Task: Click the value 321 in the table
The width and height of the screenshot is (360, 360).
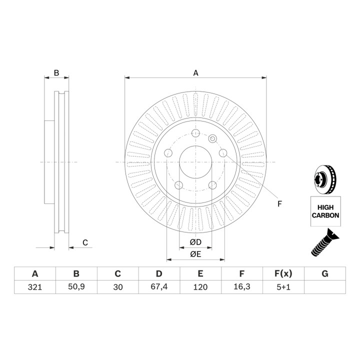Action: [35, 287]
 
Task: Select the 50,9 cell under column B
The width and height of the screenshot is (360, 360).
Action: [76, 287]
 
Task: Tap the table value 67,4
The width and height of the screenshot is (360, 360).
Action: [159, 287]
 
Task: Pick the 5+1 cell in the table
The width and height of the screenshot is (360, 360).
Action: [283, 287]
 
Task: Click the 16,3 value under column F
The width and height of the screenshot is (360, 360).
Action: [242, 287]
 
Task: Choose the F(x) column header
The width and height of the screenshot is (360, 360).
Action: [283, 273]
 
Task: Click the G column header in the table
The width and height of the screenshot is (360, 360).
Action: [325, 273]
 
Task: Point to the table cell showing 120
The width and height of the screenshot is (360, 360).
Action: [200, 287]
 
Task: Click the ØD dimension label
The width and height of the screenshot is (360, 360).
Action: [195, 242]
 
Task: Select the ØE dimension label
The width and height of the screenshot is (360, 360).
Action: [195, 254]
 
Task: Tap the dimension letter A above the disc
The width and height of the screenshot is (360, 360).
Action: [195, 73]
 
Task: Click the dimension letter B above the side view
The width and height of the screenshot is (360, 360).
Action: [56, 73]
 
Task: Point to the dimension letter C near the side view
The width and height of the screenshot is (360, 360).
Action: [85, 242]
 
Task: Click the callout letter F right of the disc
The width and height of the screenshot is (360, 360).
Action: [279, 204]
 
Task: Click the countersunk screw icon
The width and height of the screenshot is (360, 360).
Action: [325, 242]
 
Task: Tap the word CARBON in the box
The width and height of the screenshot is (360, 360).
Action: [325, 215]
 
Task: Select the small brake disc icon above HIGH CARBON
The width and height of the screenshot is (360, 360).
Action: [325, 179]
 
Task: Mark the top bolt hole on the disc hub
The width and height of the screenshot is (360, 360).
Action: [195, 133]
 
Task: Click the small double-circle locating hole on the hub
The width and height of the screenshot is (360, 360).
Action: [212, 138]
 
